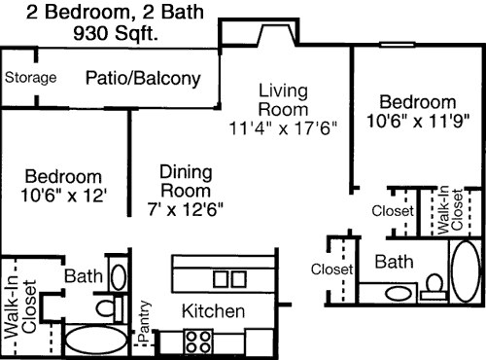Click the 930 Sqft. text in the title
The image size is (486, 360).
[x=116, y=33]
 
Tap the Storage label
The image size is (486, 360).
[x=30, y=78]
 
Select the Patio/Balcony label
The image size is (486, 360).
[x=143, y=79]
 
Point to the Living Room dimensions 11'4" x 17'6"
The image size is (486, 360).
[x=283, y=127]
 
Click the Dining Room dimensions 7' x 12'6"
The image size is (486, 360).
[x=186, y=209]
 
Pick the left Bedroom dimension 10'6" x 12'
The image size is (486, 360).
[x=63, y=196]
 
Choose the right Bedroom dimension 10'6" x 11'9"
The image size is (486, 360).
[x=418, y=121]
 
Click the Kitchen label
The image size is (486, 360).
[x=213, y=311]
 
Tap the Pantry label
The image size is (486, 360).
[x=144, y=321]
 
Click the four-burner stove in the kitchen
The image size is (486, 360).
[x=198, y=342]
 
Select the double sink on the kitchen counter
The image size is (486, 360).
[x=229, y=279]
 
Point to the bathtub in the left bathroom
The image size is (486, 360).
[x=96, y=340]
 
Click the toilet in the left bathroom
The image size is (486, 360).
[x=110, y=307]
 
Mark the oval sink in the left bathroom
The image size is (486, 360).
[x=119, y=277]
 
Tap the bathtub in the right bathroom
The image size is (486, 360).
[x=466, y=271]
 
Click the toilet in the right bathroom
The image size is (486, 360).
[x=434, y=287]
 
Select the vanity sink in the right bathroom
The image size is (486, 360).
[x=398, y=294]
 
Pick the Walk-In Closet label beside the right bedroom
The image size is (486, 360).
[x=450, y=210]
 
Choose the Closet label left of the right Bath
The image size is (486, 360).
[x=331, y=270]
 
